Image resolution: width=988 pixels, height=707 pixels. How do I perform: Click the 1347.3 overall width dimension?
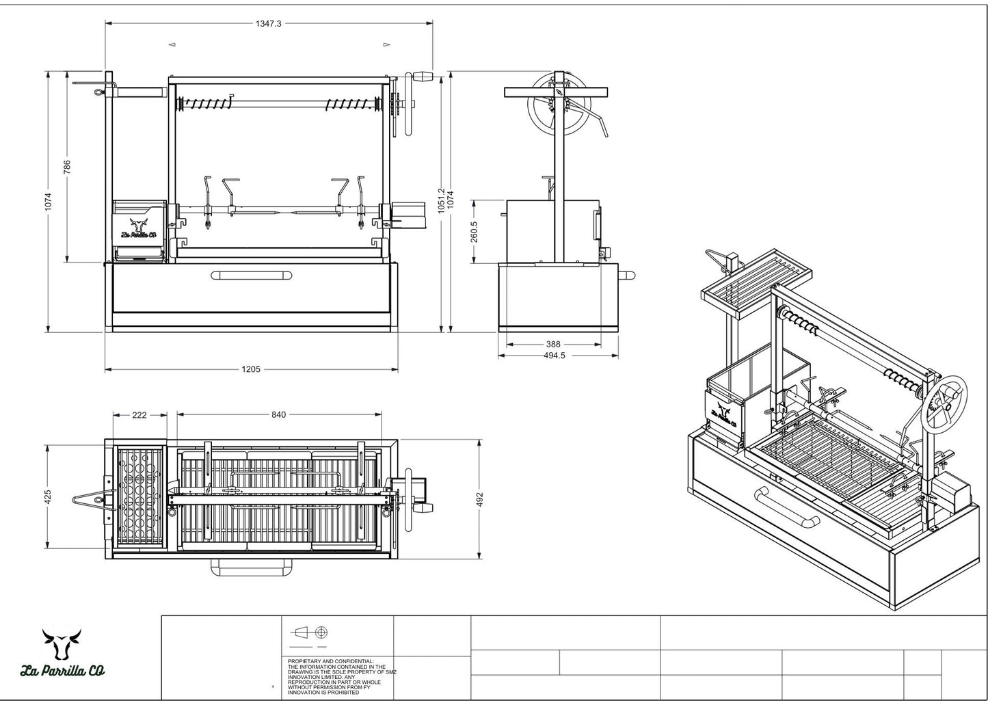[269, 23]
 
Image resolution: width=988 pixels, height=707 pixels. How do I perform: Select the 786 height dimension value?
[67, 168]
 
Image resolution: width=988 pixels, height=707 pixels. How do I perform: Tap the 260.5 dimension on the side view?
[474, 231]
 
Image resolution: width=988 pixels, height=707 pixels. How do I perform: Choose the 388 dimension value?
[553, 345]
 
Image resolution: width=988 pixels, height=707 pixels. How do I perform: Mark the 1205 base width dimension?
[251, 369]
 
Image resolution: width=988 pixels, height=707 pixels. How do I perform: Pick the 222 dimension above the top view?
[139, 415]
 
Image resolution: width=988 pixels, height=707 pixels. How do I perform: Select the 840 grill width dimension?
[278, 415]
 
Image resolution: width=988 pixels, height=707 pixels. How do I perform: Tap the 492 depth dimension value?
[479, 500]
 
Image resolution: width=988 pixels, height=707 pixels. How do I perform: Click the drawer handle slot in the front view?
[250, 276]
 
